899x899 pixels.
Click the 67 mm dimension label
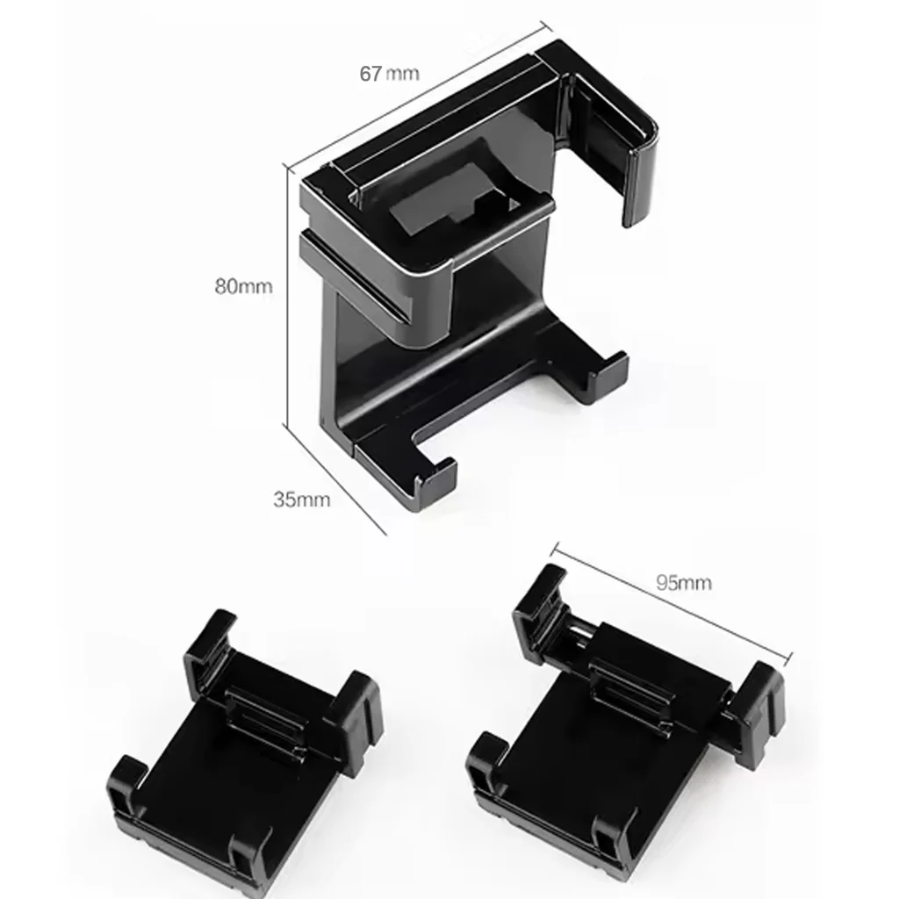tap(389, 73)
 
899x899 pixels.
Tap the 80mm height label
tap(243, 285)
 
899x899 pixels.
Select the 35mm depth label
tap(301, 500)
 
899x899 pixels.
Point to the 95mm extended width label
tap(683, 581)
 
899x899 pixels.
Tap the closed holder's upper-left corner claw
tap(211, 650)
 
